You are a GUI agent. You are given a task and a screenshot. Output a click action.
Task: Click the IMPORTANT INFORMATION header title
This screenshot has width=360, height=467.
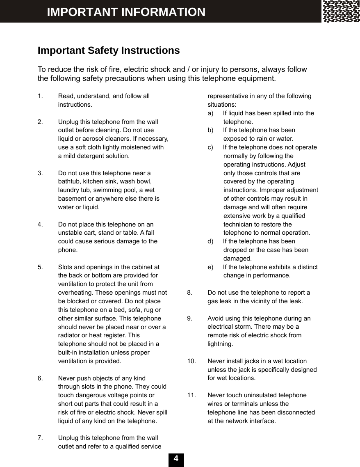point(126,12)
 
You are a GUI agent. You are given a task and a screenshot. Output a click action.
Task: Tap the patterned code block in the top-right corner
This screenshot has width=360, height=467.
point(341,11)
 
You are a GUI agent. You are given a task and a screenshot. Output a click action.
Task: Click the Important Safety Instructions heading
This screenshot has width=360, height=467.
point(109,50)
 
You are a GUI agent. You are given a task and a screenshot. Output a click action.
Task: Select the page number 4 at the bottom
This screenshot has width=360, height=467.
point(176,459)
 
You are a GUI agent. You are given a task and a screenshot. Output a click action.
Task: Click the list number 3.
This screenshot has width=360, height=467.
point(40,173)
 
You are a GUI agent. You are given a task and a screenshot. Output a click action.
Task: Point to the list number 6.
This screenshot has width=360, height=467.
point(40,378)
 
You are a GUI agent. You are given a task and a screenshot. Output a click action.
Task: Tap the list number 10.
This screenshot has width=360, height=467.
point(191,361)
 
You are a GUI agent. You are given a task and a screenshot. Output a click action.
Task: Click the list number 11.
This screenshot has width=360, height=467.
point(191,395)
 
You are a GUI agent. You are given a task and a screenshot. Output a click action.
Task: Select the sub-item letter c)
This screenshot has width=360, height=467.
point(210,147)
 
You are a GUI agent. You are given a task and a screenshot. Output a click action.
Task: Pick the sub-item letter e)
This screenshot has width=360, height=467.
point(210,267)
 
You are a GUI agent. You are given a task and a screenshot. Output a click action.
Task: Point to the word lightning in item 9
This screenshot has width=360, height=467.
point(220,344)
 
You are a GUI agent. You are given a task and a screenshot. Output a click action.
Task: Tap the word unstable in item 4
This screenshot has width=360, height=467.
point(70,233)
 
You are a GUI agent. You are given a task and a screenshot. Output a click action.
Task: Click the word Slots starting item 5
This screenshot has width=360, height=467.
point(66,267)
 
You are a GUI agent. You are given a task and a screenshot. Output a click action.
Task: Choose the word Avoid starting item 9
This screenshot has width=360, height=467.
point(216,318)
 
